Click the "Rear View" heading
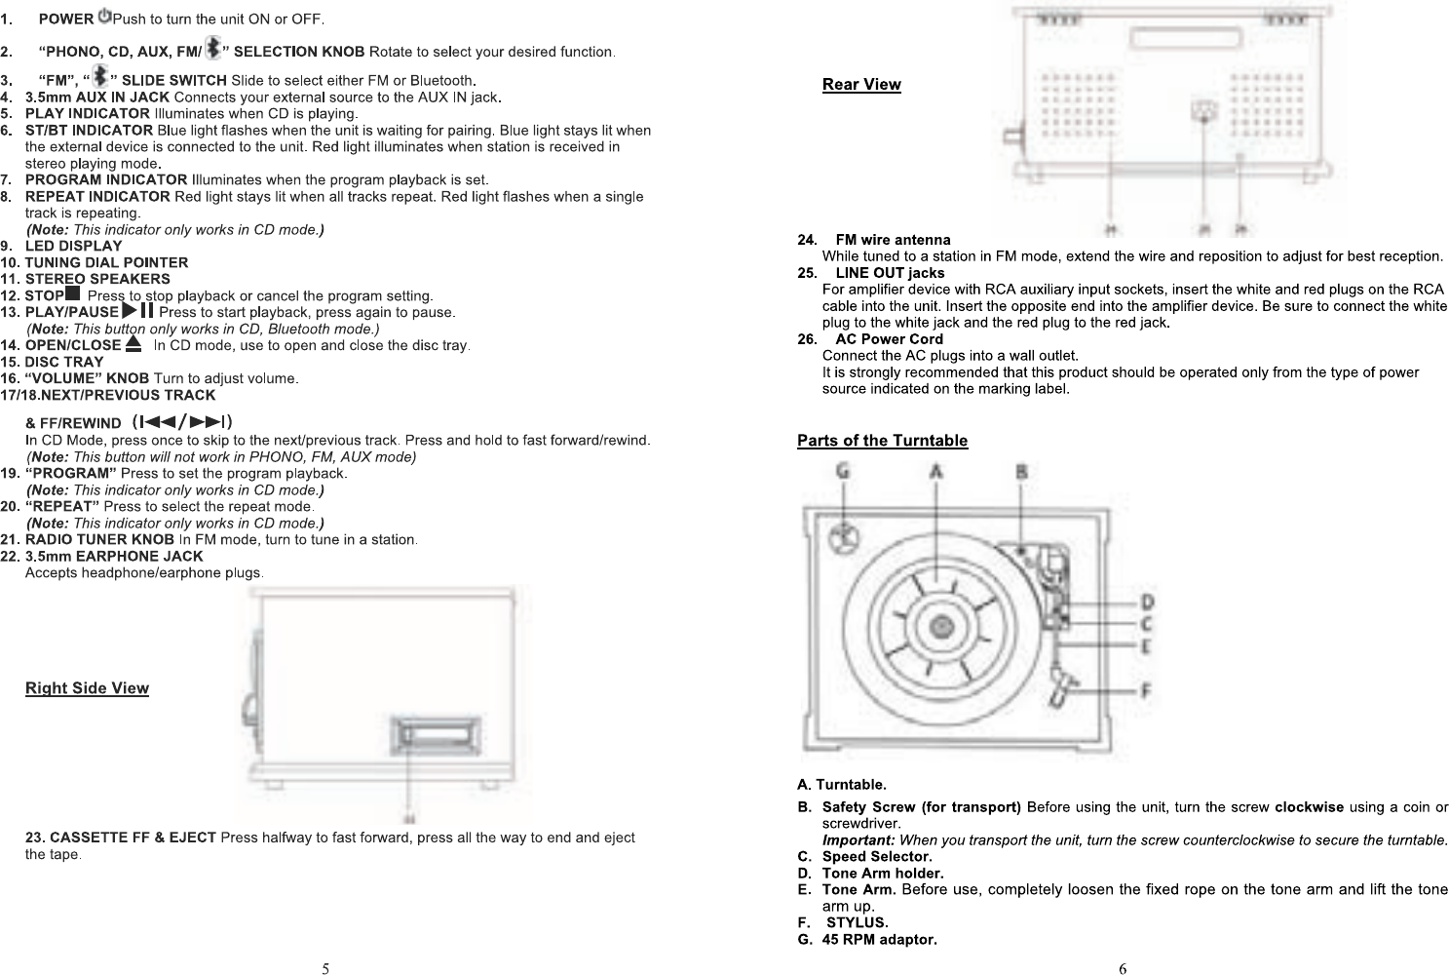coord(861,84)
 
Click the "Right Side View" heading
coord(87,688)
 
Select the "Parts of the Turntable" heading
coord(882,441)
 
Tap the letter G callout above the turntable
coord(843,471)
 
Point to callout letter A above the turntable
coord(936,471)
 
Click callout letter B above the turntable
coord(1021,471)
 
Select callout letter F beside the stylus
coord(1147,690)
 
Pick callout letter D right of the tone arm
coord(1148,602)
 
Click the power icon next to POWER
coord(104,18)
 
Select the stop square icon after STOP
coord(72,293)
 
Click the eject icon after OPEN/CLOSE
coord(133,343)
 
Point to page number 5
coord(326,968)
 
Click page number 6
coord(1123,968)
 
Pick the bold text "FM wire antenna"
coord(893,240)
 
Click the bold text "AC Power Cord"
coord(889,339)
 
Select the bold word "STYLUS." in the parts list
coord(857,922)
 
